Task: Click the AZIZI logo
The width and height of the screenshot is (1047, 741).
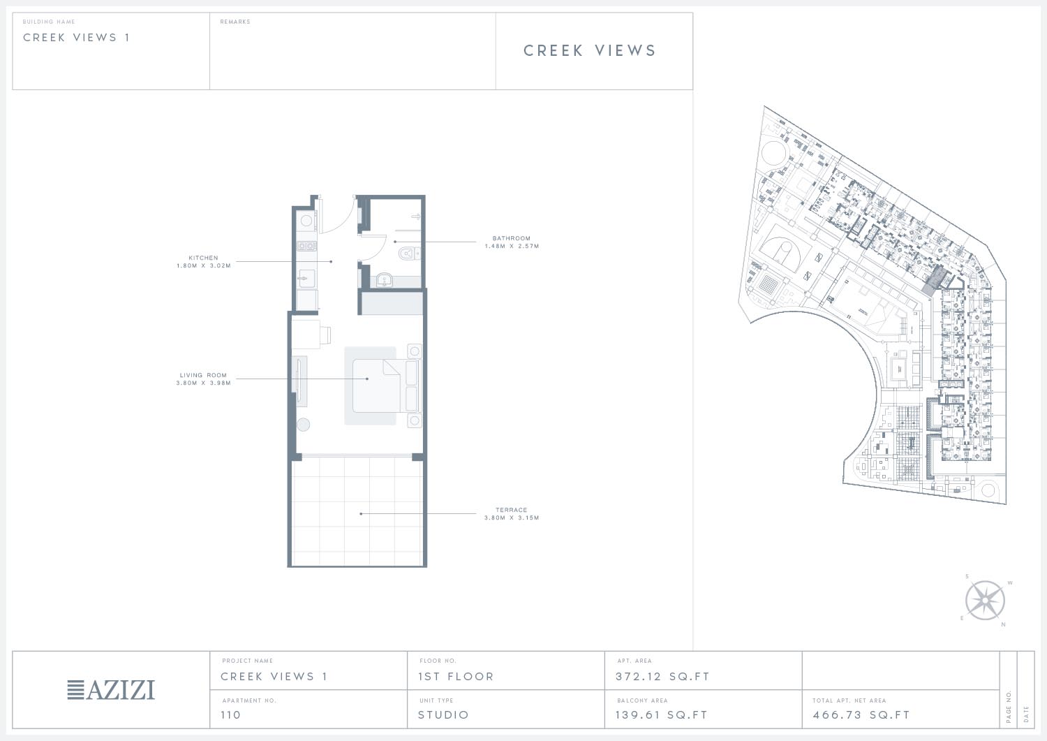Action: pyautogui.click(x=111, y=690)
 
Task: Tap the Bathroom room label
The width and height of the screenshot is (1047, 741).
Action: pyautogui.click(x=512, y=238)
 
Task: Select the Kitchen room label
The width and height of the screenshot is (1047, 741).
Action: pyautogui.click(x=203, y=258)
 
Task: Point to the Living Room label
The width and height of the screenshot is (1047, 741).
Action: pyautogui.click(x=203, y=375)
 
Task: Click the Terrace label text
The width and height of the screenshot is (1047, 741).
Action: pyautogui.click(x=512, y=510)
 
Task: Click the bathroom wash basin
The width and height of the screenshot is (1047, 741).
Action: pyautogui.click(x=384, y=280)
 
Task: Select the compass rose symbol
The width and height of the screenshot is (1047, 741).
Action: pyautogui.click(x=985, y=601)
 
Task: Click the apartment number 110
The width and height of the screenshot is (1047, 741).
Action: pyautogui.click(x=231, y=714)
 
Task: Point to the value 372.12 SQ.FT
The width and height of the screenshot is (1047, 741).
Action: pyautogui.click(x=662, y=677)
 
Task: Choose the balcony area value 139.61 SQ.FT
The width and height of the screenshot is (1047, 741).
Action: pyautogui.click(x=662, y=714)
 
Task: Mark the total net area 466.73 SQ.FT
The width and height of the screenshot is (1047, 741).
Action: pyautogui.click(x=861, y=714)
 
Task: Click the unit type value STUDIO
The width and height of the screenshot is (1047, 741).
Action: pyautogui.click(x=443, y=714)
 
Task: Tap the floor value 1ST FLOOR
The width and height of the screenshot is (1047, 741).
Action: pyautogui.click(x=456, y=677)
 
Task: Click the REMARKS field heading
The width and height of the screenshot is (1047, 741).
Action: pyautogui.click(x=235, y=22)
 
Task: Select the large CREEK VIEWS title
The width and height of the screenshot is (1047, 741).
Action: pyautogui.click(x=590, y=50)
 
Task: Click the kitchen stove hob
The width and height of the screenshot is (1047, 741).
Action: pyautogui.click(x=306, y=246)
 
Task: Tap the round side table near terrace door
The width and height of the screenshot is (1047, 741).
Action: pyautogui.click(x=304, y=425)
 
